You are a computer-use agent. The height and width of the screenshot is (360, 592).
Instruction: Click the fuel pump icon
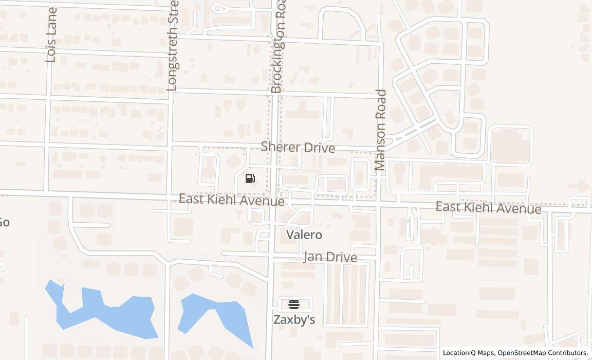(x=250, y=178)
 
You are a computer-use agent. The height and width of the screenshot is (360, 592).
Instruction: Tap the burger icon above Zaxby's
(x=294, y=304)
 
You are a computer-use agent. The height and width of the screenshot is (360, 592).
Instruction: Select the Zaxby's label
(x=294, y=319)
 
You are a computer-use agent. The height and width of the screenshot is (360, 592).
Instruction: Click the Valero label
(x=304, y=235)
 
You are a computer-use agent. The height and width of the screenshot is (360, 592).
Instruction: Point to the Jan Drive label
(x=330, y=257)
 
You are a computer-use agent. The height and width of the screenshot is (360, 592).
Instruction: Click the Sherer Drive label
(x=298, y=147)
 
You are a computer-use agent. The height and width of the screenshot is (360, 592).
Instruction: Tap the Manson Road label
(x=380, y=130)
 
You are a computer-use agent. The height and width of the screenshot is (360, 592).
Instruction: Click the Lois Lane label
(x=51, y=35)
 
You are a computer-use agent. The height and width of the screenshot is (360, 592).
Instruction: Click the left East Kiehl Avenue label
(x=231, y=200)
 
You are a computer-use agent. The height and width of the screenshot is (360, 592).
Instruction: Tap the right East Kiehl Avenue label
(x=488, y=207)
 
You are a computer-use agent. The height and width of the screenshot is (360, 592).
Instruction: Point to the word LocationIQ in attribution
(x=461, y=353)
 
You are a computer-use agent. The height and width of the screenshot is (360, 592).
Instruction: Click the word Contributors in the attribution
(x=568, y=353)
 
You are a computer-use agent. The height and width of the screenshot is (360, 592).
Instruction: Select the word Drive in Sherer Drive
(x=319, y=148)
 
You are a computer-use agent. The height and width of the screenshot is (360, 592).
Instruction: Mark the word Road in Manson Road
(x=380, y=103)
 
